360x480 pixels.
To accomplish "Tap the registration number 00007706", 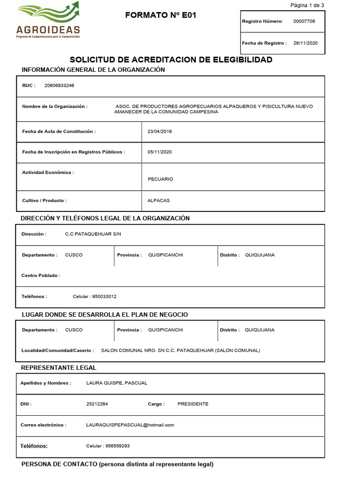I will [x=304, y=21].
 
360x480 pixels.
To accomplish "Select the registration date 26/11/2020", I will [x=306, y=43].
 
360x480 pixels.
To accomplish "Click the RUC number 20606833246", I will [x=59, y=85].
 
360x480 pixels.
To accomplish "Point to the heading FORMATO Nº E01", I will [x=161, y=15].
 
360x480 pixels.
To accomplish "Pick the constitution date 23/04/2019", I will [x=159, y=132].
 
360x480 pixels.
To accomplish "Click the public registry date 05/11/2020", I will [x=159, y=152].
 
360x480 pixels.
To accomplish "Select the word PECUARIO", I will [x=160, y=179].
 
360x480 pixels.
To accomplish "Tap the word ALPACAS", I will [x=158, y=201].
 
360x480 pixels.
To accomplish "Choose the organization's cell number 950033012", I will [x=105, y=296].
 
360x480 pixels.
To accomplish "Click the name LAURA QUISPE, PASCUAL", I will [x=117, y=383].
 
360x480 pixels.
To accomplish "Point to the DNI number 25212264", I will [x=97, y=404].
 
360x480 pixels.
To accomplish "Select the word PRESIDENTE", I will [x=193, y=404].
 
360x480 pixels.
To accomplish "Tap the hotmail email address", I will [x=130, y=425].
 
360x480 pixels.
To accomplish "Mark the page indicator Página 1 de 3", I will [x=307, y=5].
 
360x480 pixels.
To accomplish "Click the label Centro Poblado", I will [x=41, y=276].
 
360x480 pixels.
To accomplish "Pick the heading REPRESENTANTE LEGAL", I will [x=59, y=367].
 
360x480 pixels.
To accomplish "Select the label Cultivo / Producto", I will [x=45, y=201].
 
